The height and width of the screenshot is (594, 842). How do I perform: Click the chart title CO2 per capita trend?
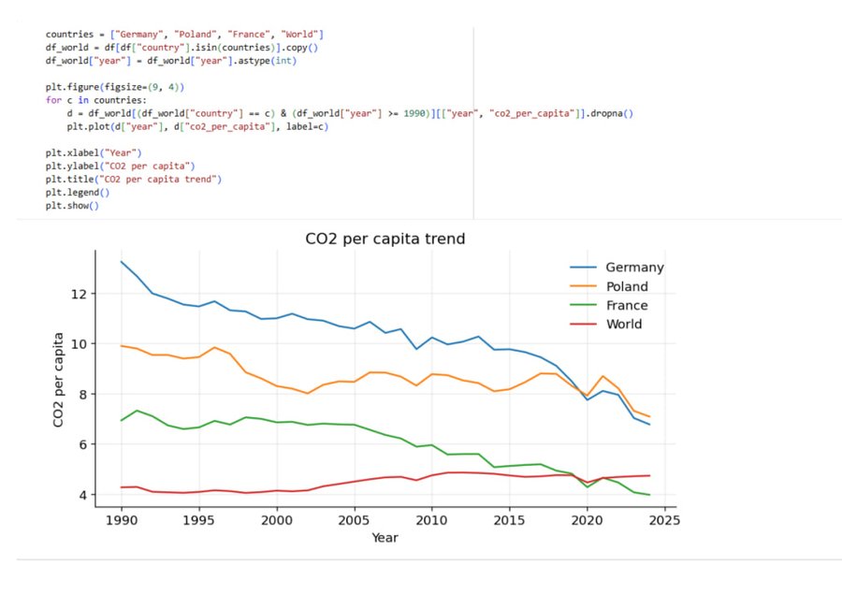point(385,239)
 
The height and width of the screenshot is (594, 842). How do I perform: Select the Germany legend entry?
point(633,268)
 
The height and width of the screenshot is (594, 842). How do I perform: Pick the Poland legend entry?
point(626,286)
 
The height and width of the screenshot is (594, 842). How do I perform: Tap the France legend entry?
point(626,306)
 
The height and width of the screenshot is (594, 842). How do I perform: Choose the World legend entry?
point(623,325)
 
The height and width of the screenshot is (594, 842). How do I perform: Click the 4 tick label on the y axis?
point(81,495)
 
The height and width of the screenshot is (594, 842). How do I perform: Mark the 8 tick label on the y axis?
point(81,395)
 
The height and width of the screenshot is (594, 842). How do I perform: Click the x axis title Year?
point(385,538)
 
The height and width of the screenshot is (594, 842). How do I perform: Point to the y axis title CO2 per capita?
point(59,380)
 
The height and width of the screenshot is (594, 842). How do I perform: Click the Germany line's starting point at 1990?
point(122,262)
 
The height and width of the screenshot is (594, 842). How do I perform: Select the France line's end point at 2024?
point(647,495)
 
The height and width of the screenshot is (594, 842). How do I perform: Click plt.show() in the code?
point(71,206)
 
